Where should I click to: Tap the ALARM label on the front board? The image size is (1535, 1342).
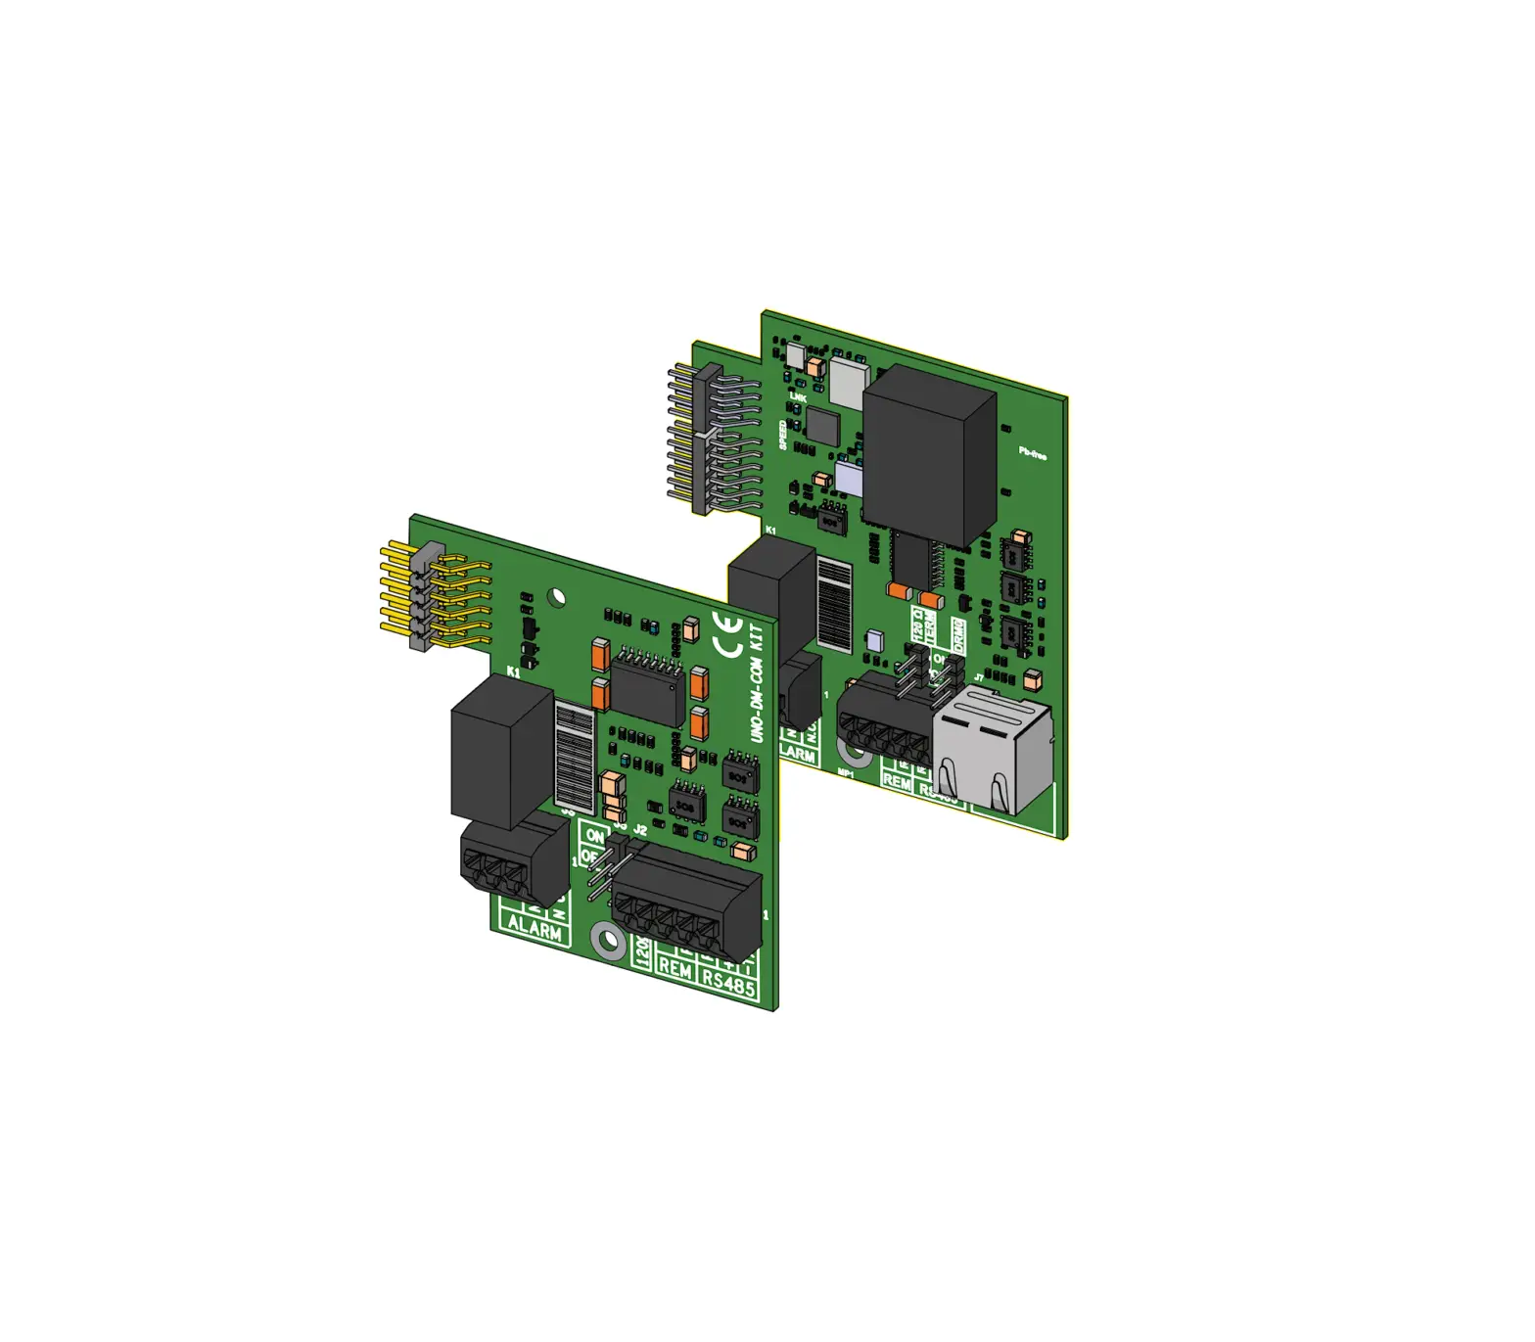click(535, 926)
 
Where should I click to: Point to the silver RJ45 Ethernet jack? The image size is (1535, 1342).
click(991, 750)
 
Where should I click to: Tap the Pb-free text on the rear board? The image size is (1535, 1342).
click(1032, 453)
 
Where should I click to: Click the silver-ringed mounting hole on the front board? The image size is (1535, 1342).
click(609, 942)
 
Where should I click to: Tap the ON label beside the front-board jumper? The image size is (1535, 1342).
click(594, 836)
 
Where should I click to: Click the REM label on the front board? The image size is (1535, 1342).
click(675, 967)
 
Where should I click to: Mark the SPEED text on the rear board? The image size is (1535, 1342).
click(783, 435)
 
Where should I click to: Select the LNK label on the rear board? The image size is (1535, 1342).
click(798, 397)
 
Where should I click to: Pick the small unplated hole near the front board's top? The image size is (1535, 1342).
click(557, 596)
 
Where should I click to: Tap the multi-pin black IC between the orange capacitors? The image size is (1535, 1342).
click(647, 687)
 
